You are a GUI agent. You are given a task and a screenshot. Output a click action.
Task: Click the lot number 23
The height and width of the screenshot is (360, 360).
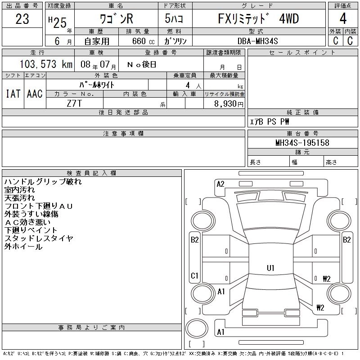(22, 19)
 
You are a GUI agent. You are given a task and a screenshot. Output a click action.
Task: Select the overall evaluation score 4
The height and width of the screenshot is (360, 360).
(343, 19)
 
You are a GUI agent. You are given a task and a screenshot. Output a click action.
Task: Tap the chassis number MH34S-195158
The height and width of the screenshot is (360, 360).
(302, 143)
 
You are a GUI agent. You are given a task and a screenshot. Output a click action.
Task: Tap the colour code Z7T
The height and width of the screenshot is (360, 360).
(74, 103)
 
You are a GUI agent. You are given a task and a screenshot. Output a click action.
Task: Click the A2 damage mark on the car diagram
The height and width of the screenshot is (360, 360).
(220, 184)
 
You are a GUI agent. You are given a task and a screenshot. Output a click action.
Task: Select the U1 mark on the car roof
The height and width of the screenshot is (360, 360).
(270, 268)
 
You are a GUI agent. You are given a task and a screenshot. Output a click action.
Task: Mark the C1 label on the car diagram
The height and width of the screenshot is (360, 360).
(194, 275)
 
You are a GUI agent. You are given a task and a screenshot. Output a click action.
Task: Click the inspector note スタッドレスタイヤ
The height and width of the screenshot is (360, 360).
(39, 238)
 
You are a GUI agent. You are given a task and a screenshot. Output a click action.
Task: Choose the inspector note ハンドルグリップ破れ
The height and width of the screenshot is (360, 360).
(43, 182)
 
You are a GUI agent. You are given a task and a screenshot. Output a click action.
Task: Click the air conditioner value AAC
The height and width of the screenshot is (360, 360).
(35, 94)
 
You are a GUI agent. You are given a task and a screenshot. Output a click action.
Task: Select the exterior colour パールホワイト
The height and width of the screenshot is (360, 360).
(97, 85)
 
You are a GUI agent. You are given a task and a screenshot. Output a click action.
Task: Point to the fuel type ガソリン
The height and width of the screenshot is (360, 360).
(176, 41)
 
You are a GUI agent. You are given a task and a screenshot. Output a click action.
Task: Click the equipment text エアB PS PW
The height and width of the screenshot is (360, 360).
(270, 121)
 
